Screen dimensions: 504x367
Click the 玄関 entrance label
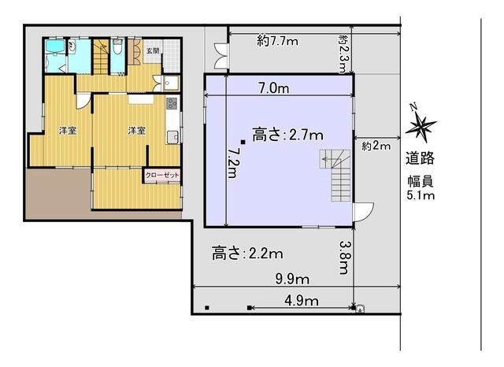tap(153, 50)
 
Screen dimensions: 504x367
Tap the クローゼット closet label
tap(162, 175)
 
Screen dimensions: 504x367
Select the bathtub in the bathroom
tap(55, 47)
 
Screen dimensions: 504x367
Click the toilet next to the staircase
tap(118, 46)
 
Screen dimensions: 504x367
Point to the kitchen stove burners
tap(172, 103)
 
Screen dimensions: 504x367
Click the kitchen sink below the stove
tap(172, 137)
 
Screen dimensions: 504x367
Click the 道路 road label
tap(420, 158)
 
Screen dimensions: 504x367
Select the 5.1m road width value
tap(421, 195)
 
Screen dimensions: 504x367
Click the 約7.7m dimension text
tap(278, 41)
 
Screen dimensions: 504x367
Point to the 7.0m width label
tap(274, 88)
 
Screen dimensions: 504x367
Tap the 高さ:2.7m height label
tap(287, 135)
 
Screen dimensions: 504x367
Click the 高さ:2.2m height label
tap(247, 254)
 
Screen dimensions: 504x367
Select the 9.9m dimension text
tap(292, 279)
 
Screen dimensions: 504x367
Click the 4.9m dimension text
tap(302, 301)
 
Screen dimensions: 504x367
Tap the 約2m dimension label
tap(376, 146)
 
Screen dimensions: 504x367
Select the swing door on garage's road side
tap(363, 213)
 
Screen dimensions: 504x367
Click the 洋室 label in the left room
tap(68, 131)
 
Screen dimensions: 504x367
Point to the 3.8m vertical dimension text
tap(344, 258)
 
